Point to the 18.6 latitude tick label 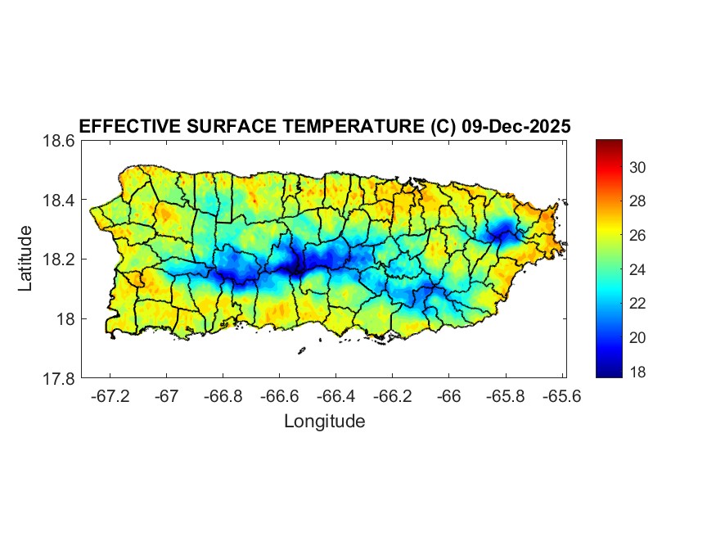(x=58, y=141)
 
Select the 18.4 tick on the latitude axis (x=58, y=201)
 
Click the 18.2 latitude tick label (x=58, y=259)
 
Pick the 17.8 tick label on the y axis (x=58, y=378)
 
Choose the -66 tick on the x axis (x=448, y=397)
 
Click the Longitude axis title (x=324, y=422)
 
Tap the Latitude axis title (x=25, y=259)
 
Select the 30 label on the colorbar (x=638, y=167)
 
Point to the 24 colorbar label (x=638, y=269)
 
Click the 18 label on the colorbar (x=638, y=372)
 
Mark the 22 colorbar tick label (x=638, y=304)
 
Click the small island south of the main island (x=301, y=350)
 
